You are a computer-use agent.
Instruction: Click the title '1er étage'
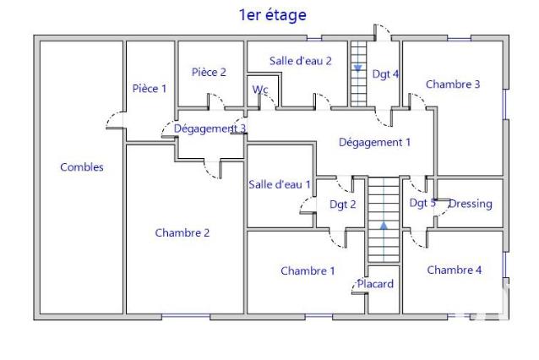(x=273, y=14)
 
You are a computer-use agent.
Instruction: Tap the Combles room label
(x=82, y=167)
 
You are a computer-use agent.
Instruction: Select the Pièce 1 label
(x=150, y=89)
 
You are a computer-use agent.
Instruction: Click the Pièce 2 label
(x=209, y=73)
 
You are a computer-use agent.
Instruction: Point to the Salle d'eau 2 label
(x=300, y=61)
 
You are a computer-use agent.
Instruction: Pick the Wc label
(x=260, y=89)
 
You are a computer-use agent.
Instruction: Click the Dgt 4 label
(x=385, y=74)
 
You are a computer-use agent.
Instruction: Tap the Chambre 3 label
(x=453, y=85)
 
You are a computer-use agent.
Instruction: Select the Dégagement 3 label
(x=210, y=128)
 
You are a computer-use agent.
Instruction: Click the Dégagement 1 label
(x=374, y=143)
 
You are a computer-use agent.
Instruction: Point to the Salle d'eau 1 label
(x=280, y=184)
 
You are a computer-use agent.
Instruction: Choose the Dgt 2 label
(x=343, y=204)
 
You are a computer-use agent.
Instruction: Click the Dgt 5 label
(x=422, y=203)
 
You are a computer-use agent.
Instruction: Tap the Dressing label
(x=470, y=204)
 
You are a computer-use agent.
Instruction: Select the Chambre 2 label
(x=182, y=233)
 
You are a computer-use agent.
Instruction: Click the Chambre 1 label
(x=308, y=271)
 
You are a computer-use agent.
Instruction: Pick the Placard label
(x=375, y=284)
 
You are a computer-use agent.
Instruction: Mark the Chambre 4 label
(x=455, y=270)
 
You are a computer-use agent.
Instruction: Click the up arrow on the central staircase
(x=384, y=226)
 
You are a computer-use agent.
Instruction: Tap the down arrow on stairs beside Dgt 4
(x=358, y=68)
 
